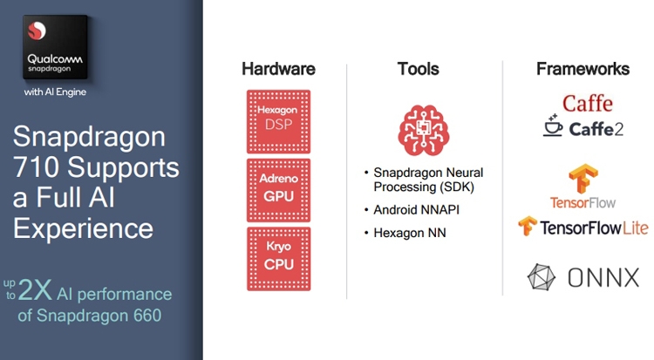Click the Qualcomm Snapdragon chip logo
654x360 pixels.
point(55,47)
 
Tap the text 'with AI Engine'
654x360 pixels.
point(55,92)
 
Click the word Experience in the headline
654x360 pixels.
point(84,228)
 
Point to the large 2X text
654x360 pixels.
point(35,289)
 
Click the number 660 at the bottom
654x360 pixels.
point(147,316)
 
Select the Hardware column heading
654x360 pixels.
point(279,69)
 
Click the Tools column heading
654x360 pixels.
point(419,69)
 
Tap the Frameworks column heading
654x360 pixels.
point(583,69)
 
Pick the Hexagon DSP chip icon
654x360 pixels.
point(279,121)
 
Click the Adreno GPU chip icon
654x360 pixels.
point(279,190)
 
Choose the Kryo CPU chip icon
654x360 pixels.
point(279,259)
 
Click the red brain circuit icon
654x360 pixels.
point(423,130)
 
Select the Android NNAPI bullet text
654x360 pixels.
point(416,209)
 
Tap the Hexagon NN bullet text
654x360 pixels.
point(410,233)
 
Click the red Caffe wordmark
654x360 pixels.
point(587,103)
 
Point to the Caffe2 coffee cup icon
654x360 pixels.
point(553,126)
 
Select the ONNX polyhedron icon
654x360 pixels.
point(542,277)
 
